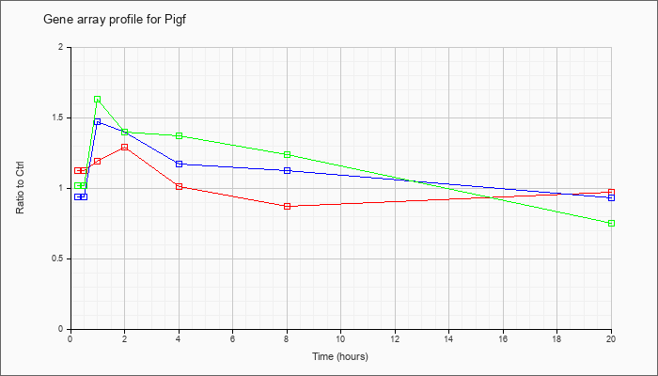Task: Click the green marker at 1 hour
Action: (x=98, y=100)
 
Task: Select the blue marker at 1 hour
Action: (x=98, y=121)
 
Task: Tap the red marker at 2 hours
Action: (x=125, y=148)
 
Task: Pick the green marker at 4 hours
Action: (x=179, y=136)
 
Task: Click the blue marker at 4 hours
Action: (x=179, y=164)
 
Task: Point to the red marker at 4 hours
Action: (x=179, y=187)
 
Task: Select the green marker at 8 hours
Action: (x=287, y=155)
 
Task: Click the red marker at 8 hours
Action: (x=287, y=207)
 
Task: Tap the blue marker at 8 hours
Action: (x=287, y=171)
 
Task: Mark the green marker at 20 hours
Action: (x=611, y=224)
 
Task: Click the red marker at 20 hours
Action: (x=611, y=192)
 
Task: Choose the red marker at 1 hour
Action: (x=98, y=162)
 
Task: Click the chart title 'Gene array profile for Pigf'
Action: (x=115, y=20)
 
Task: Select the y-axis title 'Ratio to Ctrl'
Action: (x=20, y=188)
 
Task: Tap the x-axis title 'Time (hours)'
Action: (x=340, y=356)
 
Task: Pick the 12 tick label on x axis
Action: (x=395, y=338)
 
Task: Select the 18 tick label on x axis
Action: (x=556, y=338)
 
